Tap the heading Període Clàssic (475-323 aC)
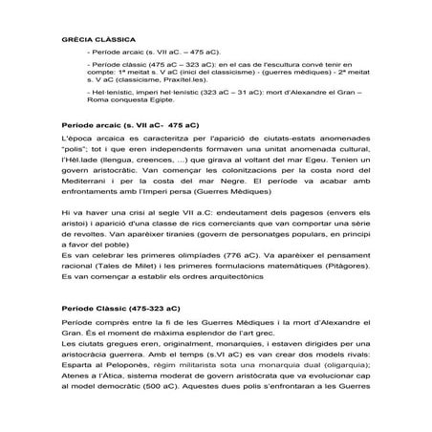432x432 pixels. (119, 310)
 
